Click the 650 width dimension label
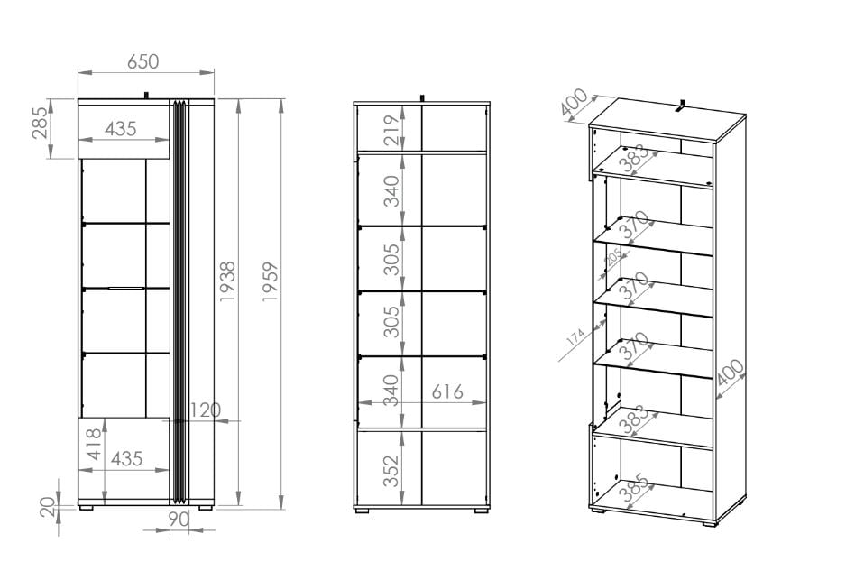pyautogui.click(x=142, y=61)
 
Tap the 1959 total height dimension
pyautogui.click(x=271, y=281)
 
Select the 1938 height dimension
pyautogui.click(x=227, y=281)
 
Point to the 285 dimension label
pyautogui.click(x=40, y=123)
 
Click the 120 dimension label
pyautogui.click(x=205, y=410)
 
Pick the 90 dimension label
pyautogui.click(x=179, y=519)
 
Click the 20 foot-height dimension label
pyautogui.click(x=48, y=507)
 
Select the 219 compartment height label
pyautogui.click(x=391, y=130)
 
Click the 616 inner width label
pyautogui.click(x=447, y=391)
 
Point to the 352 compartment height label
pyautogui.click(x=391, y=471)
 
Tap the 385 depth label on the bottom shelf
pyautogui.click(x=635, y=488)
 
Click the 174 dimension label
pyautogui.click(x=575, y=336)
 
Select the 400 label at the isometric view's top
pyautogui.click(x=574, y=102)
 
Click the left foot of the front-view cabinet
pyautogui.click(x=87, y=508)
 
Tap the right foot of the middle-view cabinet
pyautogui.click(x=482, y=511)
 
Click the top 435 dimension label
pyautogui.click(x=121, y=129)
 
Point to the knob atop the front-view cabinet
pyautogui.click(x=146, y=96)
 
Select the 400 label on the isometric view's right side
pyautogui.click(x=731, y=373)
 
